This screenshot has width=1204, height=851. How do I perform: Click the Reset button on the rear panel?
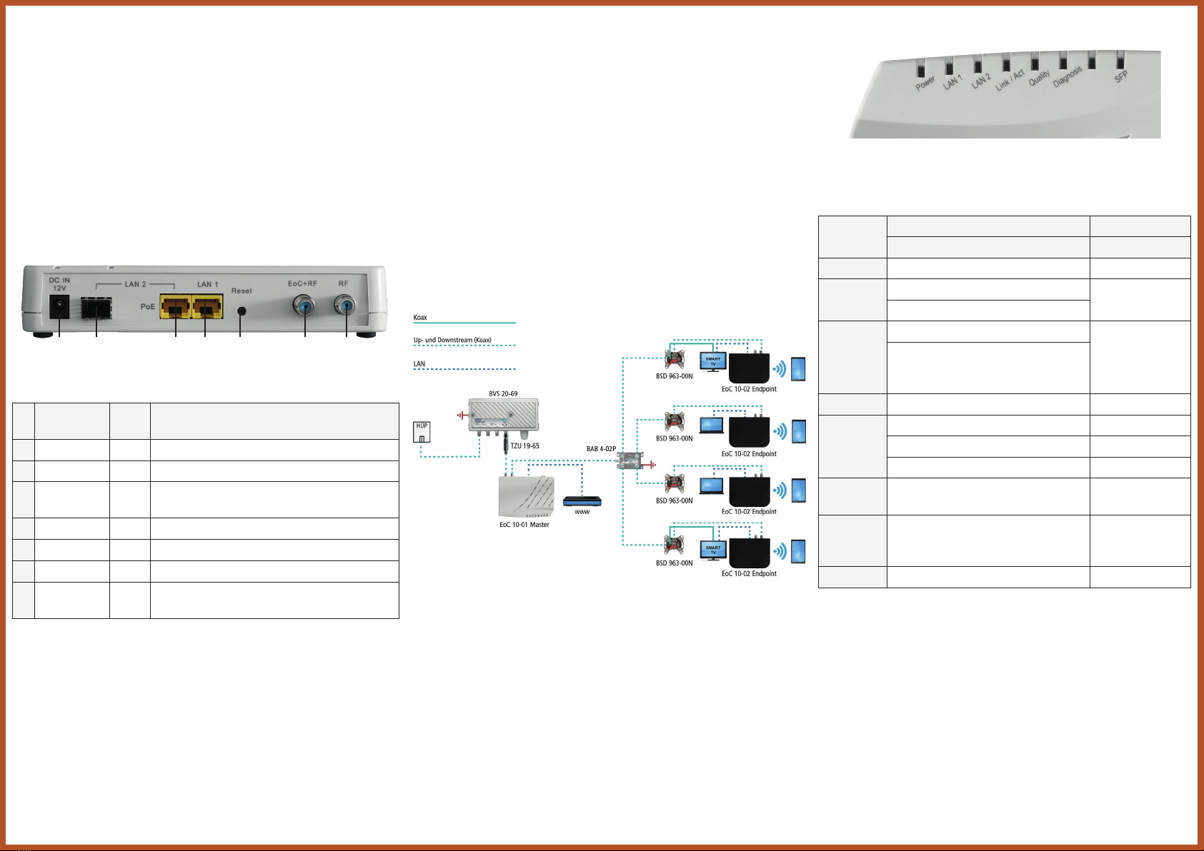coord(242,311)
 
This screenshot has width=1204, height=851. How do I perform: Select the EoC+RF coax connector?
coord(305,307)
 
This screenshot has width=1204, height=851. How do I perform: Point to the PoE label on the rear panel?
coord(148,307)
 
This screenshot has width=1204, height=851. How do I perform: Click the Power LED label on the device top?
coord(925,83)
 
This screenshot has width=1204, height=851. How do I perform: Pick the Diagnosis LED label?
coord(1068,76)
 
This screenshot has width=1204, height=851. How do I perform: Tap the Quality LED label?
coord(1040,78)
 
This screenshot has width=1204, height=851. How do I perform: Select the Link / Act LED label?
coord(1010,79)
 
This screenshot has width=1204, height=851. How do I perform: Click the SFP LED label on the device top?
coord(1121,76)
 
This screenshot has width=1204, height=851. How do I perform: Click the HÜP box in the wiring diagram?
coord(422,432)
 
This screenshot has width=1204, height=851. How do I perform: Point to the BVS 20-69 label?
coord(503,393)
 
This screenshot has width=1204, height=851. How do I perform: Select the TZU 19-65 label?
coord(524,445)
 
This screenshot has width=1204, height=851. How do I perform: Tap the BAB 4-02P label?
coord(601,449)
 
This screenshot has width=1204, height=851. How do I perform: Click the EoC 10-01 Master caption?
coord(524,525)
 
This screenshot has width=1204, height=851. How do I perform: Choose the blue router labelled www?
coord(582,501)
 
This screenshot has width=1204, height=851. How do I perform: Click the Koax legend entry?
coord(420,318)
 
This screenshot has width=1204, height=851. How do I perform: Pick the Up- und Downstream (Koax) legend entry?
coord(452,340)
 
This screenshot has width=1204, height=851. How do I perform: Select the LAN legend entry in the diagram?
coord(419,364)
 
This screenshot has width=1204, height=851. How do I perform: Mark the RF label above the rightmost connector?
coord(344,283)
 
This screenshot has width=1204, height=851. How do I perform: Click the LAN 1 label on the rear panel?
coord(207,284)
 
